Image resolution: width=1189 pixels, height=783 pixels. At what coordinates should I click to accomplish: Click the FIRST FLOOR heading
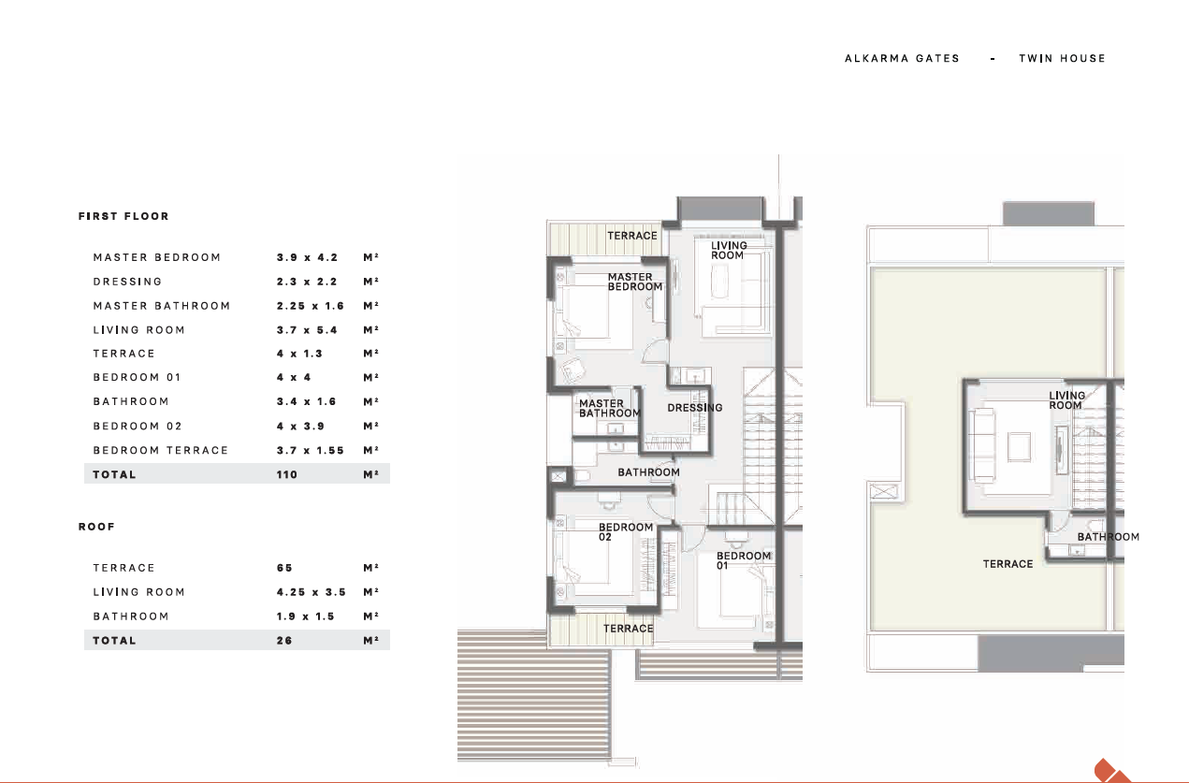123,216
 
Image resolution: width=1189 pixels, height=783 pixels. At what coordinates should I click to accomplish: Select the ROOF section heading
96,527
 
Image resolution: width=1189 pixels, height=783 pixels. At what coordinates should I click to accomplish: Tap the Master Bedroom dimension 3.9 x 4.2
308,257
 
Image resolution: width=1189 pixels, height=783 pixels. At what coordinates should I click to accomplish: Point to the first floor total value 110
286,474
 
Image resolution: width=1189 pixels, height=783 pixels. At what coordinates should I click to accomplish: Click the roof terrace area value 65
284,568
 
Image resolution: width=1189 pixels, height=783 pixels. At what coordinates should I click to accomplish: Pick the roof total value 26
284,641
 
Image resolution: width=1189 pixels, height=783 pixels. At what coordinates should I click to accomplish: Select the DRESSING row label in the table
127,282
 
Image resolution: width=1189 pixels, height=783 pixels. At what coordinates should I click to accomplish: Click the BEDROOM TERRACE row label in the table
160,450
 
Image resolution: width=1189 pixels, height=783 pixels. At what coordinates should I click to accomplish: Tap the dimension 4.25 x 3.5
312,592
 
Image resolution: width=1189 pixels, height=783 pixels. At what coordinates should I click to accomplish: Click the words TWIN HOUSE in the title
1062,58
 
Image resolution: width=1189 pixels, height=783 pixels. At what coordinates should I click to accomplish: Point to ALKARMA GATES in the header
903,58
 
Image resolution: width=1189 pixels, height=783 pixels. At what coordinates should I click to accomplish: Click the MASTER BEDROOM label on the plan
635,282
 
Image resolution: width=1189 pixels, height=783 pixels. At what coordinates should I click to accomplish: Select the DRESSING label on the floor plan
695,408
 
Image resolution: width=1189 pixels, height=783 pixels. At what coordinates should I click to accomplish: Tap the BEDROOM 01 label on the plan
743,560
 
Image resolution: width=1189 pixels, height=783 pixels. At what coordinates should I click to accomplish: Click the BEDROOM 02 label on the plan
625,532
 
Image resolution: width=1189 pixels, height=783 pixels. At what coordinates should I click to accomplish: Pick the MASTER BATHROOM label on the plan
609,408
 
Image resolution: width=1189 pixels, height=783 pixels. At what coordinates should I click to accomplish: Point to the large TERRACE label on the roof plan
1008,564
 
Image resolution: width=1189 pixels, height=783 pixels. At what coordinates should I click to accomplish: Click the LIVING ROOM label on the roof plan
1066,400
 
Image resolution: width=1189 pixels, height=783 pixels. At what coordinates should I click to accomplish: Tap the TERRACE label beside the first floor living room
631,236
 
